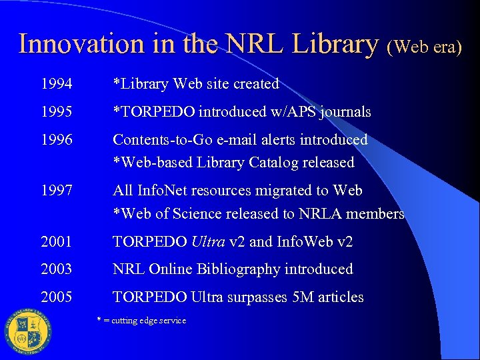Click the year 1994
[x=56, y=84]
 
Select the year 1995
[x=56, y=112]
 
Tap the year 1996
[x=56, y=140]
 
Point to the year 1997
[x=56, y=191]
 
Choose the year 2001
[x=56, y=241]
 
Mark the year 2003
[x=56, y=269]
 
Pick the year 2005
[x=56, y=297]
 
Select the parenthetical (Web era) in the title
[x=424, y=47]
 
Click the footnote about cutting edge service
[x=142, y=321]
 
